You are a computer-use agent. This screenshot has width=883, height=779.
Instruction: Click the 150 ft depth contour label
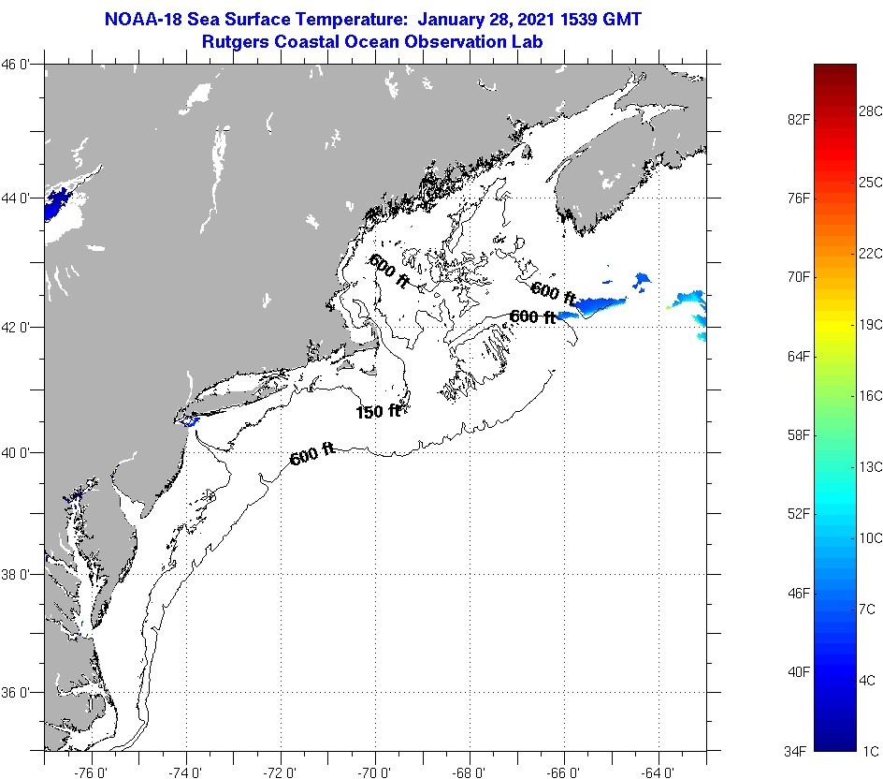(x=378, y=411)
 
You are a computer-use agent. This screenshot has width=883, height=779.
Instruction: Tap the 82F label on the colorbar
(x=796, y=120)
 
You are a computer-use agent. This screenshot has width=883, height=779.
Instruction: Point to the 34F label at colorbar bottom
(x=796, y=750)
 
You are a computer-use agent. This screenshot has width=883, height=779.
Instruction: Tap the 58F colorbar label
(x=796, y=435)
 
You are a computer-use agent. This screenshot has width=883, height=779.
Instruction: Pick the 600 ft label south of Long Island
(x=312, y=456)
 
